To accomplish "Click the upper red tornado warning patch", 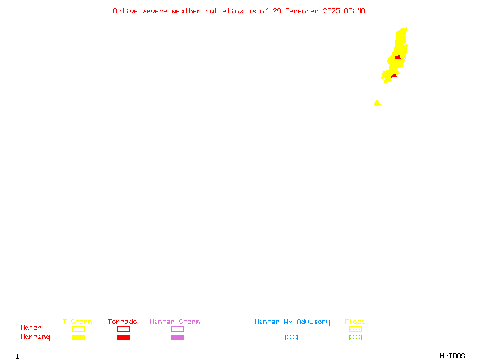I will coord(397,58).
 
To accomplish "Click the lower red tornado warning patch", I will coord(394,76).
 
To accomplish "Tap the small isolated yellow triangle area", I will coord(377,103).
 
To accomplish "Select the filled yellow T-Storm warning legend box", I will coord(78,337).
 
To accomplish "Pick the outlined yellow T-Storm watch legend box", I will coord(78,329).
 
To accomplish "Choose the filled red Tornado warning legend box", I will coord(123,337).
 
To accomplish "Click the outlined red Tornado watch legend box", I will coord(123,329).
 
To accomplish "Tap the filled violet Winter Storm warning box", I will coord(177,337).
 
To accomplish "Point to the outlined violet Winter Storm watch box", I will coord(177,329).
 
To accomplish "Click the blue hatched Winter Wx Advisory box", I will coord(291,337).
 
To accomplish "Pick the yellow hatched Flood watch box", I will coord(355,329).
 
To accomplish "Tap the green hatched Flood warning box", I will coord(355,337).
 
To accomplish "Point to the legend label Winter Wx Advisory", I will coord(292,322).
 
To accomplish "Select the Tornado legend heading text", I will coord(122,322).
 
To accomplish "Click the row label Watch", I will coord(31,328).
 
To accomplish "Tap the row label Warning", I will coord(35,337).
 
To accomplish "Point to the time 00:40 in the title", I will coord(354,11).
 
